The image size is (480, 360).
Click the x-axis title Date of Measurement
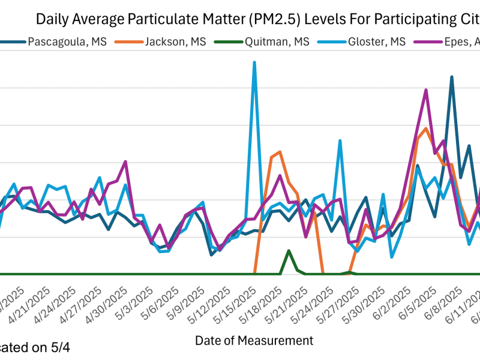tap(254, 341)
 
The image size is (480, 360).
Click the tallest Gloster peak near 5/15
tap(254, 62)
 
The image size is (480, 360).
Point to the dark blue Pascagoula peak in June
tap(452, 77)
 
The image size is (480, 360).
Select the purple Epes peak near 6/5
tap(426, 90)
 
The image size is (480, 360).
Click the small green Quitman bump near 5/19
tap(289, 251)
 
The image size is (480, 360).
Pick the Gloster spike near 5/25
tap(340, 141)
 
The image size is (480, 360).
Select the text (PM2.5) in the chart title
tap(274, 19)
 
